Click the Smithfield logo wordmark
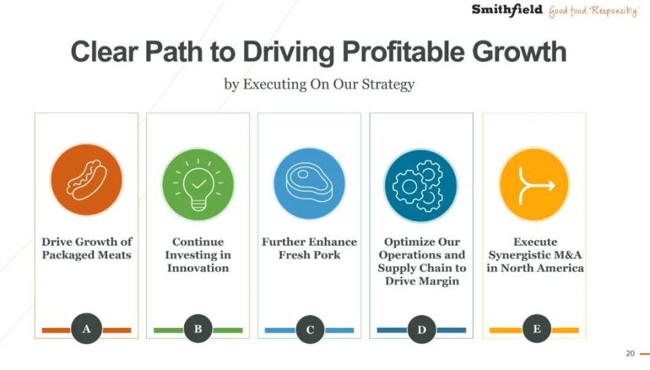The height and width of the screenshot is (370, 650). tap(507, 10)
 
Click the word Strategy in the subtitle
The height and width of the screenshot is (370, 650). tap(388, 85)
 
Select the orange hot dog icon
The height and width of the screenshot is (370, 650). tap(87, 180)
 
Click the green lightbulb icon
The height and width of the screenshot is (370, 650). tap(198, 184)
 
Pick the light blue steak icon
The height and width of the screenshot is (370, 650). tap(309, 184)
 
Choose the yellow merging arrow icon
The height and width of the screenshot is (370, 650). tap(534, 184)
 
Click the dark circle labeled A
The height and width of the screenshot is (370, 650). tap(87, 329)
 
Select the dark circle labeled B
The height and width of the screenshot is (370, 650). tap(198, 329)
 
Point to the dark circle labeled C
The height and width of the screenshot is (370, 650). tap(310, 330)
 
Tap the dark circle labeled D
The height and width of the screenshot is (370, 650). tap(422, 330)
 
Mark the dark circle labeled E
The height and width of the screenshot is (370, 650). tap(537, 329)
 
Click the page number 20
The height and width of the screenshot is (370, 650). tap(630, 354)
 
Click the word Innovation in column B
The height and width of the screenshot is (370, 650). tap(198, 268)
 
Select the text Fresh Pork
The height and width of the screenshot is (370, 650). tap(309, 255)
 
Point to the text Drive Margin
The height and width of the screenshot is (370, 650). tap(422, 281)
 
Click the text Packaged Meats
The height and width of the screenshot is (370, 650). tap(87, 255)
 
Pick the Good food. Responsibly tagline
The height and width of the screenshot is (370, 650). tap(594, 11)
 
